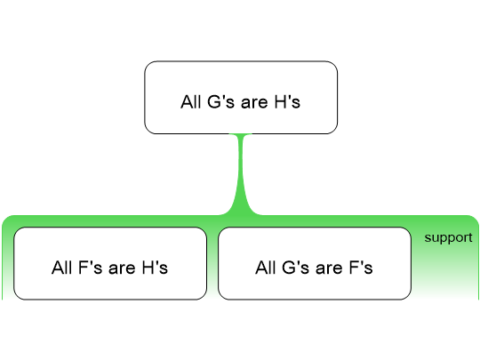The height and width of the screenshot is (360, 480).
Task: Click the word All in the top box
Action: coord(191,101)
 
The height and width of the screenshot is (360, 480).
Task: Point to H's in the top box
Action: coord(287,101)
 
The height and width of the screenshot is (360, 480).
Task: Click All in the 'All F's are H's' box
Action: coord(62,268)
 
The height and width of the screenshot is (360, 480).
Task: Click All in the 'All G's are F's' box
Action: coord(266,268)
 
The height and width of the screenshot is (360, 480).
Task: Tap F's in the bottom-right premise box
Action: coord(361,268)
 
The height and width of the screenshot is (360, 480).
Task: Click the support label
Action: coord(448,238)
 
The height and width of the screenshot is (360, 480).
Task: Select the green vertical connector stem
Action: coord(241,174)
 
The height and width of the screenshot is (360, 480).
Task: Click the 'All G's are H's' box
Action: coord(241,98)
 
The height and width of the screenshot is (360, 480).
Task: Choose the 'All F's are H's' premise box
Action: coord(110,263)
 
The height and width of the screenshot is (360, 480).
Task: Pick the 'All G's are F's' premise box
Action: coord(315,263)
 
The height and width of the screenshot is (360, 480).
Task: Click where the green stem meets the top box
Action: coord(241,134)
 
